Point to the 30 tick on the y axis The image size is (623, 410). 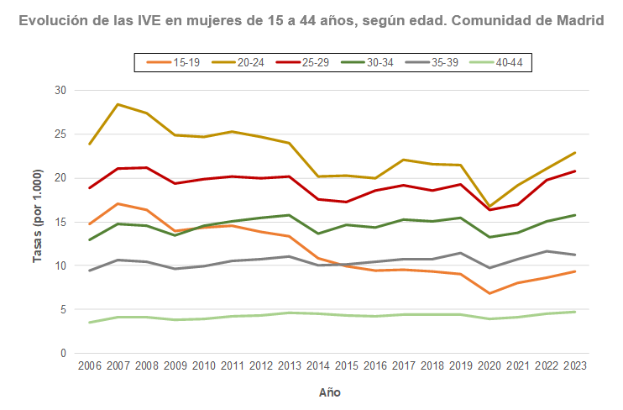(61, 90)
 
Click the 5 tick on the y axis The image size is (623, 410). (64, 310)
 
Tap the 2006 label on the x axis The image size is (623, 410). (89, 366)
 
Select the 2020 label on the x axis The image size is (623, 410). (489, 366)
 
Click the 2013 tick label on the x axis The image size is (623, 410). (289, 366)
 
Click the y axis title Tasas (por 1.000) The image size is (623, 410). (38, 222)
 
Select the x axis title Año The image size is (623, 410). (330, 392)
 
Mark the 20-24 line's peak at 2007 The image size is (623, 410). (118, 104)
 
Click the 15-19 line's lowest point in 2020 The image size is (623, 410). (489, 293)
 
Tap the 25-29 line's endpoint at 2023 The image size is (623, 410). (574, 171)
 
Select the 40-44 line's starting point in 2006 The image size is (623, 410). (89, 323)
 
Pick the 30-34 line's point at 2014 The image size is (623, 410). (317, 234)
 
